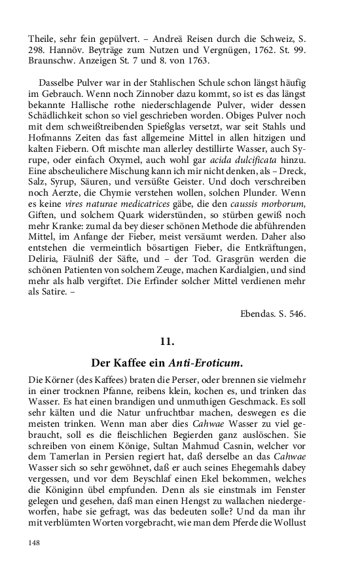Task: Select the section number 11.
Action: pos(167,341)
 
